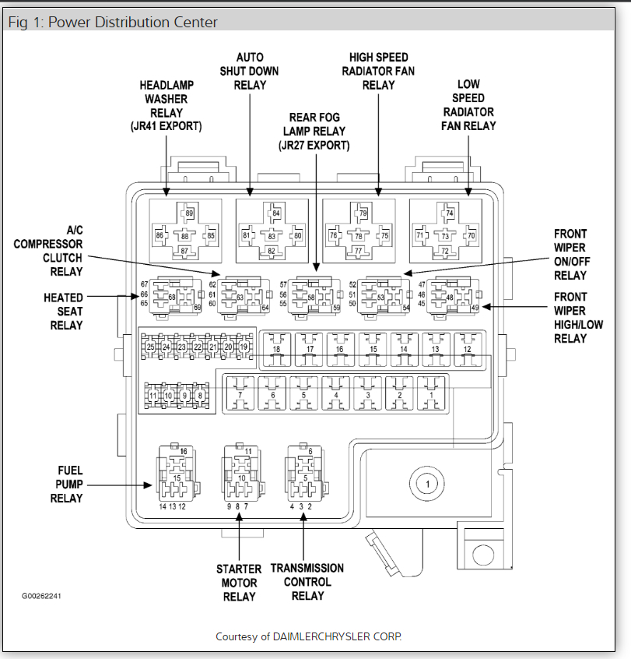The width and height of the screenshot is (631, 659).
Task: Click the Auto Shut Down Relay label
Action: (250, 70)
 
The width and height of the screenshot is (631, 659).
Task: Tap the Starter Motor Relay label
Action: (239, 583)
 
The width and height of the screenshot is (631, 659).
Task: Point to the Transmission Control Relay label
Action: (307, 582)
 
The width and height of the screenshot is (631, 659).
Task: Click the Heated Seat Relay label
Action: (63, 311)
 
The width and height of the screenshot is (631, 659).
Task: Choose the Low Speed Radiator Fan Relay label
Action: (468, 104)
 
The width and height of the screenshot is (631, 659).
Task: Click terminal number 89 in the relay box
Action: (189, 213)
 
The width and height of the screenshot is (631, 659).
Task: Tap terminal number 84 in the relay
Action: (275, 213)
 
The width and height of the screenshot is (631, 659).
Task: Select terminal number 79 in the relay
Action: (363, 213)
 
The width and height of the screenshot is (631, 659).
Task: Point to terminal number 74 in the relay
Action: (449, 213)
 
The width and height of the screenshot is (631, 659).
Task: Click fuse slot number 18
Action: (276, 350)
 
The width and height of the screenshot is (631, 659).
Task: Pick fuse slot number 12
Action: (467, 350)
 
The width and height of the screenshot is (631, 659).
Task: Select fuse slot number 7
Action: (240, 395)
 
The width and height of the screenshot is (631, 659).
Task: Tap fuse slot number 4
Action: (336, 395)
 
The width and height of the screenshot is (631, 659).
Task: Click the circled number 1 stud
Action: (427, 484)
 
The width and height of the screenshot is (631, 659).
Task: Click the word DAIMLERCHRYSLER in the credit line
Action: (336, 636)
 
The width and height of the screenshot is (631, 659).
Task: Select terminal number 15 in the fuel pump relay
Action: (177, 478)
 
